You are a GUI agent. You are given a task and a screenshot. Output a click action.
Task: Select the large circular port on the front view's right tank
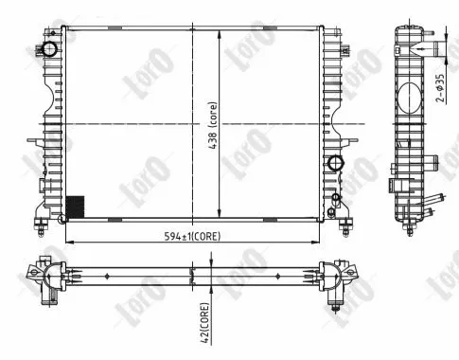click(334, 164)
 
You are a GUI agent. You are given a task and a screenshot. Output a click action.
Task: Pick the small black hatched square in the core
click(73, 206)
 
